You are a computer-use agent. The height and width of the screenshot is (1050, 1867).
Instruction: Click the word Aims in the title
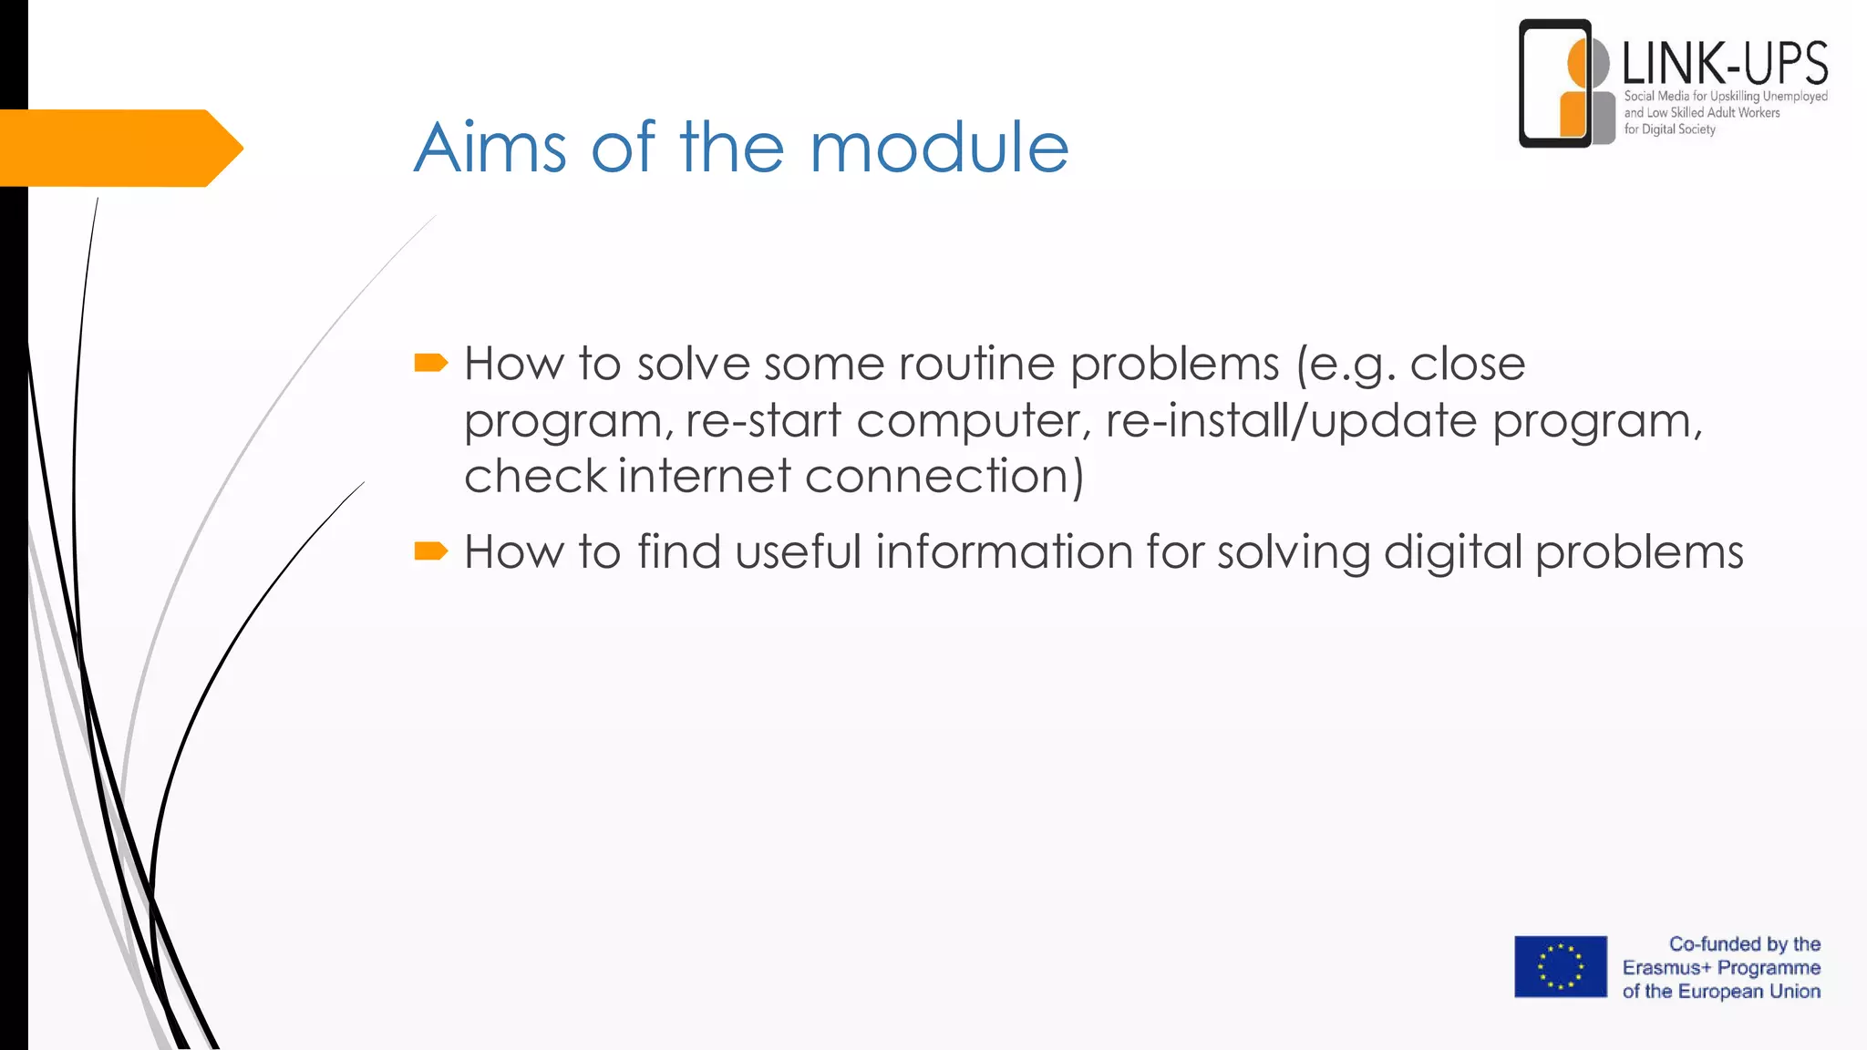[x=490, y=148]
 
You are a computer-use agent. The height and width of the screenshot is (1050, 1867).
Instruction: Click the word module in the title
[x=939, y=148]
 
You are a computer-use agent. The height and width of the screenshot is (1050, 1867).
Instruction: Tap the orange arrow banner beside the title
[x=119, y=148]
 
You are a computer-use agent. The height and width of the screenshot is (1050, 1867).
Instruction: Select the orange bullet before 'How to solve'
[x=430, y=364]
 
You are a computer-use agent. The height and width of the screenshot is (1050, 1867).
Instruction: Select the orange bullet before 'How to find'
[x=430, y=551]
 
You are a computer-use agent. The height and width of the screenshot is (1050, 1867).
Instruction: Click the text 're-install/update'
[x=1291, y=421]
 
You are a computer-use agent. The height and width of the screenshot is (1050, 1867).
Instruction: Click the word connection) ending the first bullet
[x=944, y=477]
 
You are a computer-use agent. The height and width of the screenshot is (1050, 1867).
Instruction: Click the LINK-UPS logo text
[x=1725, y=64]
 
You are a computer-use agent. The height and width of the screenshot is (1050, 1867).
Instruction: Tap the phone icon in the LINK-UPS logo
[x=1554, y=84]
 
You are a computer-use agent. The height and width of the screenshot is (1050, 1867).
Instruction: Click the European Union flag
[x=1561, y=966]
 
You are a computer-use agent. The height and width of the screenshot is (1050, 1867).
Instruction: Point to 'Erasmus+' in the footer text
[x=1666, y=968]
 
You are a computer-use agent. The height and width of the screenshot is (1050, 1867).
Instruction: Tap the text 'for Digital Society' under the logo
[x=1669, y=129]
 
